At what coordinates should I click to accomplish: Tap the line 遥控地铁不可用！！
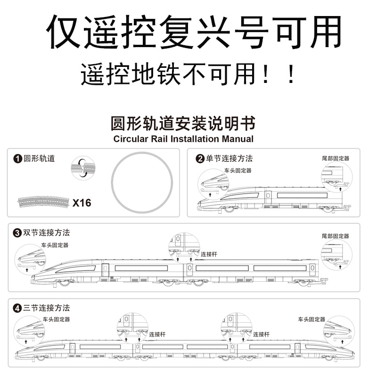click(188, 75)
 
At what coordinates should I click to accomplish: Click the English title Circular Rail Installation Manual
click(183, 139)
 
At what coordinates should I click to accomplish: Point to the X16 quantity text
click(82, 203)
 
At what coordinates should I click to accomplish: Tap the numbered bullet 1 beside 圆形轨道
click(18, 159)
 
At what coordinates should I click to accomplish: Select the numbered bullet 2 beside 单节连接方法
click(200, 159)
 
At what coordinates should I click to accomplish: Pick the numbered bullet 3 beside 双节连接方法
click(18, 233)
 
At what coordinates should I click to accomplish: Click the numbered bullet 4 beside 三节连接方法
click(18, 309)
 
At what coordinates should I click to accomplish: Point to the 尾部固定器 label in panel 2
click(336, 159)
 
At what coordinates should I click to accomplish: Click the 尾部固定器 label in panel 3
click(336, 236)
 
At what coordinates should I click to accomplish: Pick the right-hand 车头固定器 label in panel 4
click(311, 320)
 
